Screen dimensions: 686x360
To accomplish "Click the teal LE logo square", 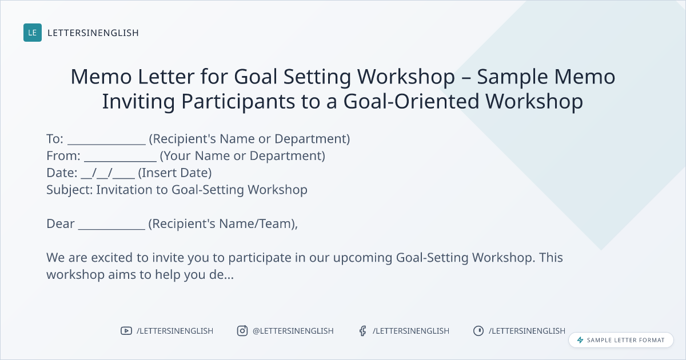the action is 33,33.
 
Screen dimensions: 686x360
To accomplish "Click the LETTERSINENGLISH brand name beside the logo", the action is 93,33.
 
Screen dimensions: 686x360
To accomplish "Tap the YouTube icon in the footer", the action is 126,331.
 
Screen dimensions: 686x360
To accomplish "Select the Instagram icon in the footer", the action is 242,331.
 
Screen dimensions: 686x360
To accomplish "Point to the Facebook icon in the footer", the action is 363,331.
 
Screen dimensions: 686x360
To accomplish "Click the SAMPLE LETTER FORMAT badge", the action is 621,340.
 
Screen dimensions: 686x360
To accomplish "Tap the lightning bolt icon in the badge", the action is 580,340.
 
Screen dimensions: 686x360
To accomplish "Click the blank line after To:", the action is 106,144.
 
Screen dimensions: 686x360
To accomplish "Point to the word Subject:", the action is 70,190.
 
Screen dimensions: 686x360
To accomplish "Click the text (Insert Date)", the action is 175,173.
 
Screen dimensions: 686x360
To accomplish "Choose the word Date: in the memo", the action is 62,173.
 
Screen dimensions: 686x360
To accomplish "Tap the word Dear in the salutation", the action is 61,224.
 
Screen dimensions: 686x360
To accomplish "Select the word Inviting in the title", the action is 138,102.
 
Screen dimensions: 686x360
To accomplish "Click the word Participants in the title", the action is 238,102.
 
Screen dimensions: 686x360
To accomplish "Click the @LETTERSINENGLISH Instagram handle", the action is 293,331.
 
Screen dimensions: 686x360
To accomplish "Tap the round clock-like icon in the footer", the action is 478,331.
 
